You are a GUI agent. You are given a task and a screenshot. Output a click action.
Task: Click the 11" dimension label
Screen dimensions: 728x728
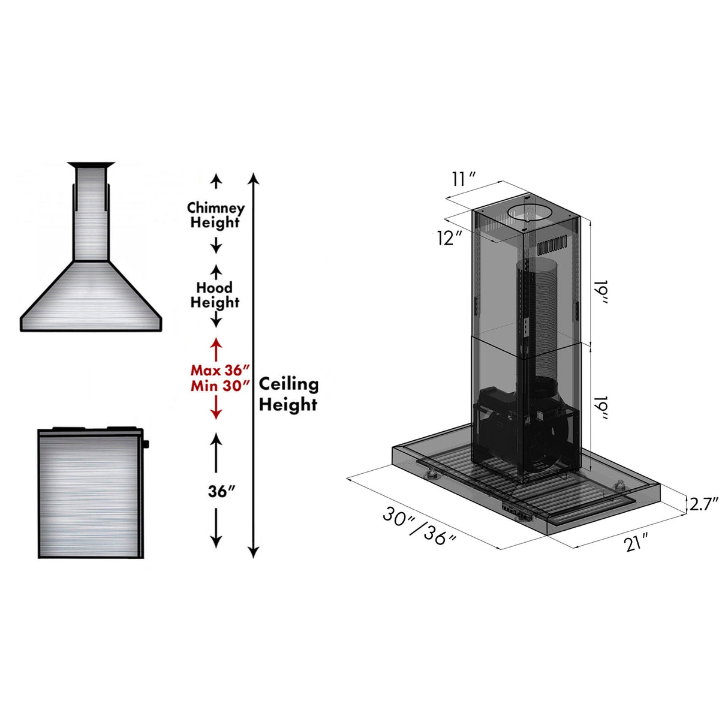464,179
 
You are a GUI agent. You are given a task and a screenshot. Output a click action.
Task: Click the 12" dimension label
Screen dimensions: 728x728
449,238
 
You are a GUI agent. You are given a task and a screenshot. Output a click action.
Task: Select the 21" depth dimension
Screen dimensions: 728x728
636,543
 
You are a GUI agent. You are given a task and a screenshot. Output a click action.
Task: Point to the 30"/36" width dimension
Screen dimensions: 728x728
420,527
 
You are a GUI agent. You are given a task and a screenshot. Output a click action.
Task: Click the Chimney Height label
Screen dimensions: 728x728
215,215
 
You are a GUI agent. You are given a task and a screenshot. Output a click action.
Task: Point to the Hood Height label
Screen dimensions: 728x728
215,295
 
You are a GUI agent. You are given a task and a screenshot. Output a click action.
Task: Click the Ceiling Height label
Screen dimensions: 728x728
288,394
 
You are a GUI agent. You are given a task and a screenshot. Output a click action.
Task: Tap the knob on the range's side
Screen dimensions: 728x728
146,444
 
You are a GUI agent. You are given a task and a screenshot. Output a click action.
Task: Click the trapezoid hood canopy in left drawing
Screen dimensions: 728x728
91,297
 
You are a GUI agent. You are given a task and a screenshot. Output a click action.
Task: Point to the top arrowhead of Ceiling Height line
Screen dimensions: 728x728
254,178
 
